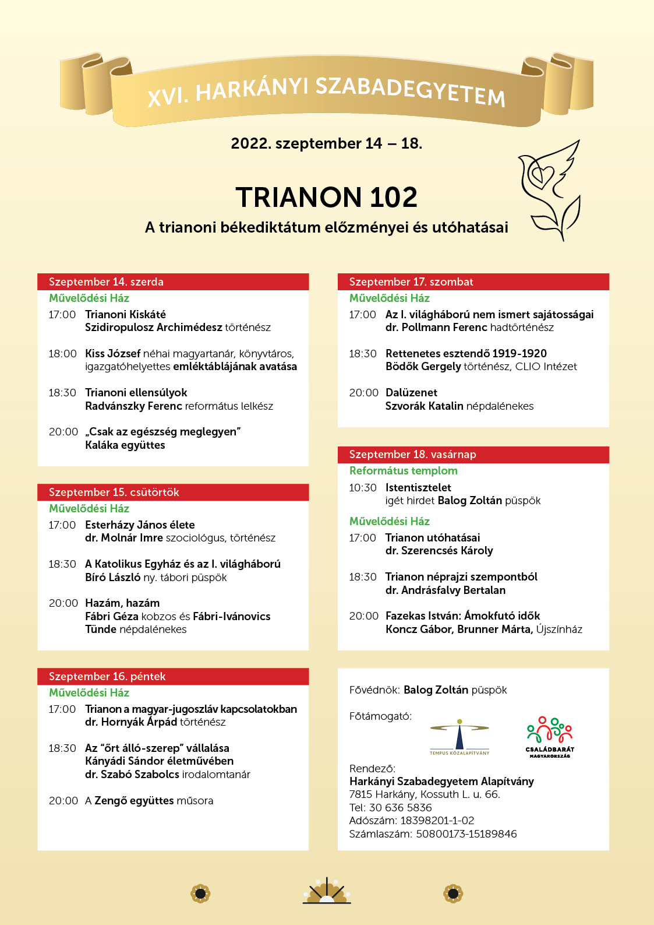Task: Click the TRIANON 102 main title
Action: (326, 198)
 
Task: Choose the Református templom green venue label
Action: (403, 471)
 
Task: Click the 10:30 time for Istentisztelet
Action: (362, 488)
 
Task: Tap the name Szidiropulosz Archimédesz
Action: (154, 328)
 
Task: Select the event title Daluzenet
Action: (411, 393)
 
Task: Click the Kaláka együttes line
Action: (125, 445)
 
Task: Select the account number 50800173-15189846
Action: (466, 834)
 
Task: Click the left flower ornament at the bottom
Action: (200, 893)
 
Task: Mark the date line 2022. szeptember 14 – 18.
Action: (326, 143)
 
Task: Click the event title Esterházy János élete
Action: (140, 525)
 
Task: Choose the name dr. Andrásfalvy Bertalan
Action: (445, 590)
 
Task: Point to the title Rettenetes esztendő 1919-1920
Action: (466, 354)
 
